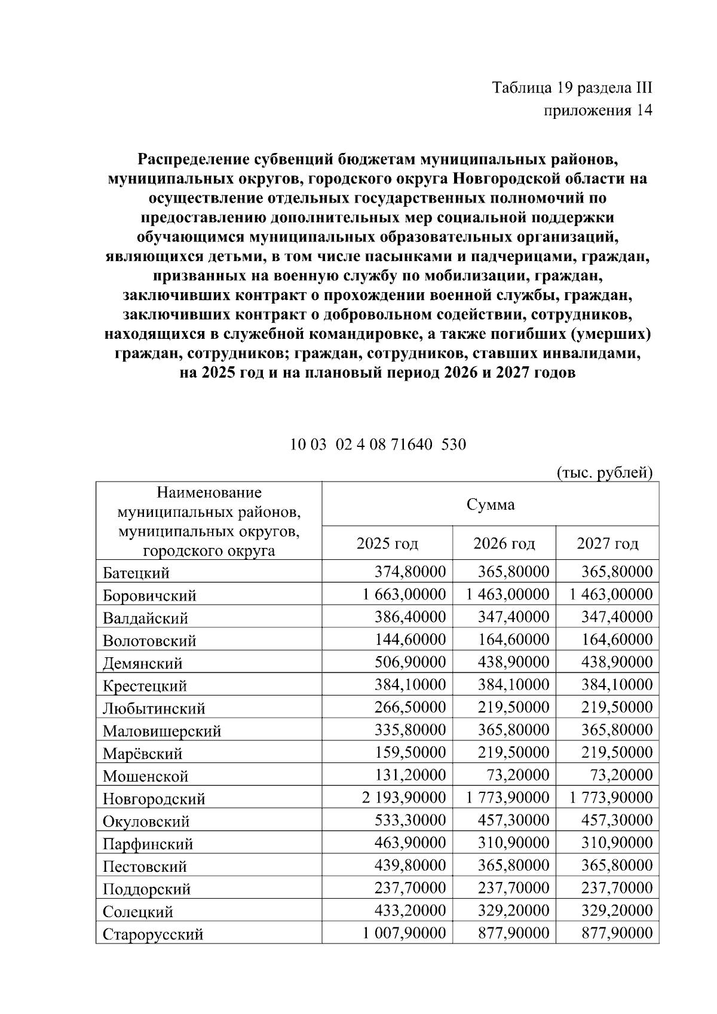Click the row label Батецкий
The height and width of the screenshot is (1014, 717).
tap(136, 573)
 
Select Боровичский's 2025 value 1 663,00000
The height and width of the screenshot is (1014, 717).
tap(404, 595)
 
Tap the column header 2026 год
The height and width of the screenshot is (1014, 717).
tap(504, 544)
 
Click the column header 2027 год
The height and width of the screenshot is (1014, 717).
tap(607, 544)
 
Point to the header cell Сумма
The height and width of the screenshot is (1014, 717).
tap(490, 505)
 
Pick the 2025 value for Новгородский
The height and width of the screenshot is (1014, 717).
tap(404, 798)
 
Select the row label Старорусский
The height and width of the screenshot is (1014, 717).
tap(153, 934)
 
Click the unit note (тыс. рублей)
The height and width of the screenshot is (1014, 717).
tap(604, 473)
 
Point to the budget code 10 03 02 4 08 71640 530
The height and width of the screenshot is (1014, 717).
tap(378, 445)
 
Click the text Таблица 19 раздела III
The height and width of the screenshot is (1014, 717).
tap(572, 88)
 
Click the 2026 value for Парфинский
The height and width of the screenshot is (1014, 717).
tap(513, 843)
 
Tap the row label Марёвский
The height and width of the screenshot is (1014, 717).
tap(142, 753)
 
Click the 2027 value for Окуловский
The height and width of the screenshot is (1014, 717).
tap(617, 820)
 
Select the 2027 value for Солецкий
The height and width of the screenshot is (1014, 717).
tap(617, 911)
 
